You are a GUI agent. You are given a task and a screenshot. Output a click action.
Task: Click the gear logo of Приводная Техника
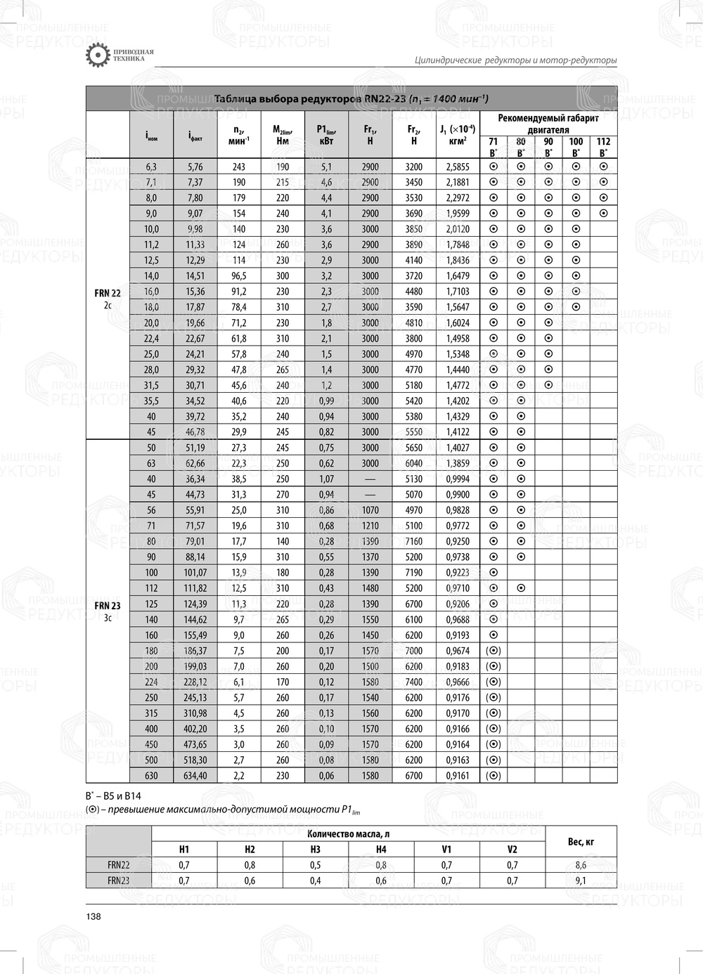(97, 56)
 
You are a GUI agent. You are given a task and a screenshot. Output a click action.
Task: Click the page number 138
(93, 916)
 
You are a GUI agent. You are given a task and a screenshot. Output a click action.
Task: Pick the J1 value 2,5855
(457, 167)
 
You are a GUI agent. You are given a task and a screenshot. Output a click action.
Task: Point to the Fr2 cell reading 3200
(413, 167)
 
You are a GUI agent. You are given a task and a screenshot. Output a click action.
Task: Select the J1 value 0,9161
(457, 776)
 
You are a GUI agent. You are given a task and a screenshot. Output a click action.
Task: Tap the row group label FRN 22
(108, 293)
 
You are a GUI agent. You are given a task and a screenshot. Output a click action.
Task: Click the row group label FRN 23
(108, 605)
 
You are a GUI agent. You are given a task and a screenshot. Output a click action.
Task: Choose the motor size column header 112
(603, 141)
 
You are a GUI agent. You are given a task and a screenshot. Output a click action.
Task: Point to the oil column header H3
(315, 849)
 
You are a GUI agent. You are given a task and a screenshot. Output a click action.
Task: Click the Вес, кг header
(581, 841)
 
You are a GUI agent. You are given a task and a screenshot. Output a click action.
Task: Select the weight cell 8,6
(581, 865)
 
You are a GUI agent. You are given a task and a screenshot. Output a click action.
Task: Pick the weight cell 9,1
(581, 881)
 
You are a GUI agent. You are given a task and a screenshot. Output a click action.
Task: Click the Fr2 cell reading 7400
(413, 682)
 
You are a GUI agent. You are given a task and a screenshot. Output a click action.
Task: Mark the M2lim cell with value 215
(283, 182)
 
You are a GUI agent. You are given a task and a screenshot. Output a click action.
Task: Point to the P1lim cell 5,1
(326, 167)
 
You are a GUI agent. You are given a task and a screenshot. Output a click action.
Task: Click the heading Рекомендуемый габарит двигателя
(548, 124)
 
